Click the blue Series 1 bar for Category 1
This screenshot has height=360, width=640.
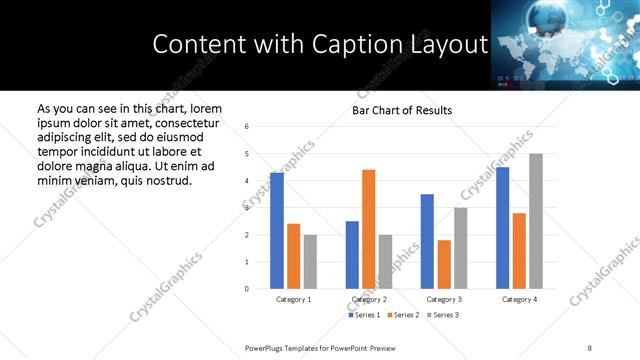[x=277, y=231]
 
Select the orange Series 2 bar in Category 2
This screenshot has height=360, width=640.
[x=368, y=229]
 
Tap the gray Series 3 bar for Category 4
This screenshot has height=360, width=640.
[x=536, y=221]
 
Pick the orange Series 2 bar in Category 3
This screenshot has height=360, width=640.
[x=444, y=264]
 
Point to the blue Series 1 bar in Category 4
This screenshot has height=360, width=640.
[x=502, y=228]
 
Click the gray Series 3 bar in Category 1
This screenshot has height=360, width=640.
[x=310, y=262]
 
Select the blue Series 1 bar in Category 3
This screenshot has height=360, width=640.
[x=427, y=241]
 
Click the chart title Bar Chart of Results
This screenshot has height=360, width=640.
[x=402, y=110]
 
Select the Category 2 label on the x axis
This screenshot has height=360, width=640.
[x=369, y=299]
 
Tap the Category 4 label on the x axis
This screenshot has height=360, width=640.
[x=519, y=299]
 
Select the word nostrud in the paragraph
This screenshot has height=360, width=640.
[x=165, y=179]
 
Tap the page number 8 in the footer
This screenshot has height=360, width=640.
[x=590, y=347]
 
